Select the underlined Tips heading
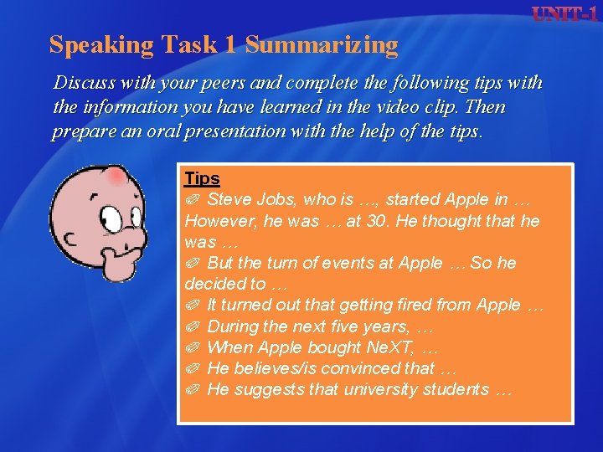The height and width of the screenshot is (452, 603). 202,178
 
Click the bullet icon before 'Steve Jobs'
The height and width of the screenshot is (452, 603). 192,200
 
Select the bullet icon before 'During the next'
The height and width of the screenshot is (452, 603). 192,326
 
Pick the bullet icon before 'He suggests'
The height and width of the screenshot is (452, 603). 192,389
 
